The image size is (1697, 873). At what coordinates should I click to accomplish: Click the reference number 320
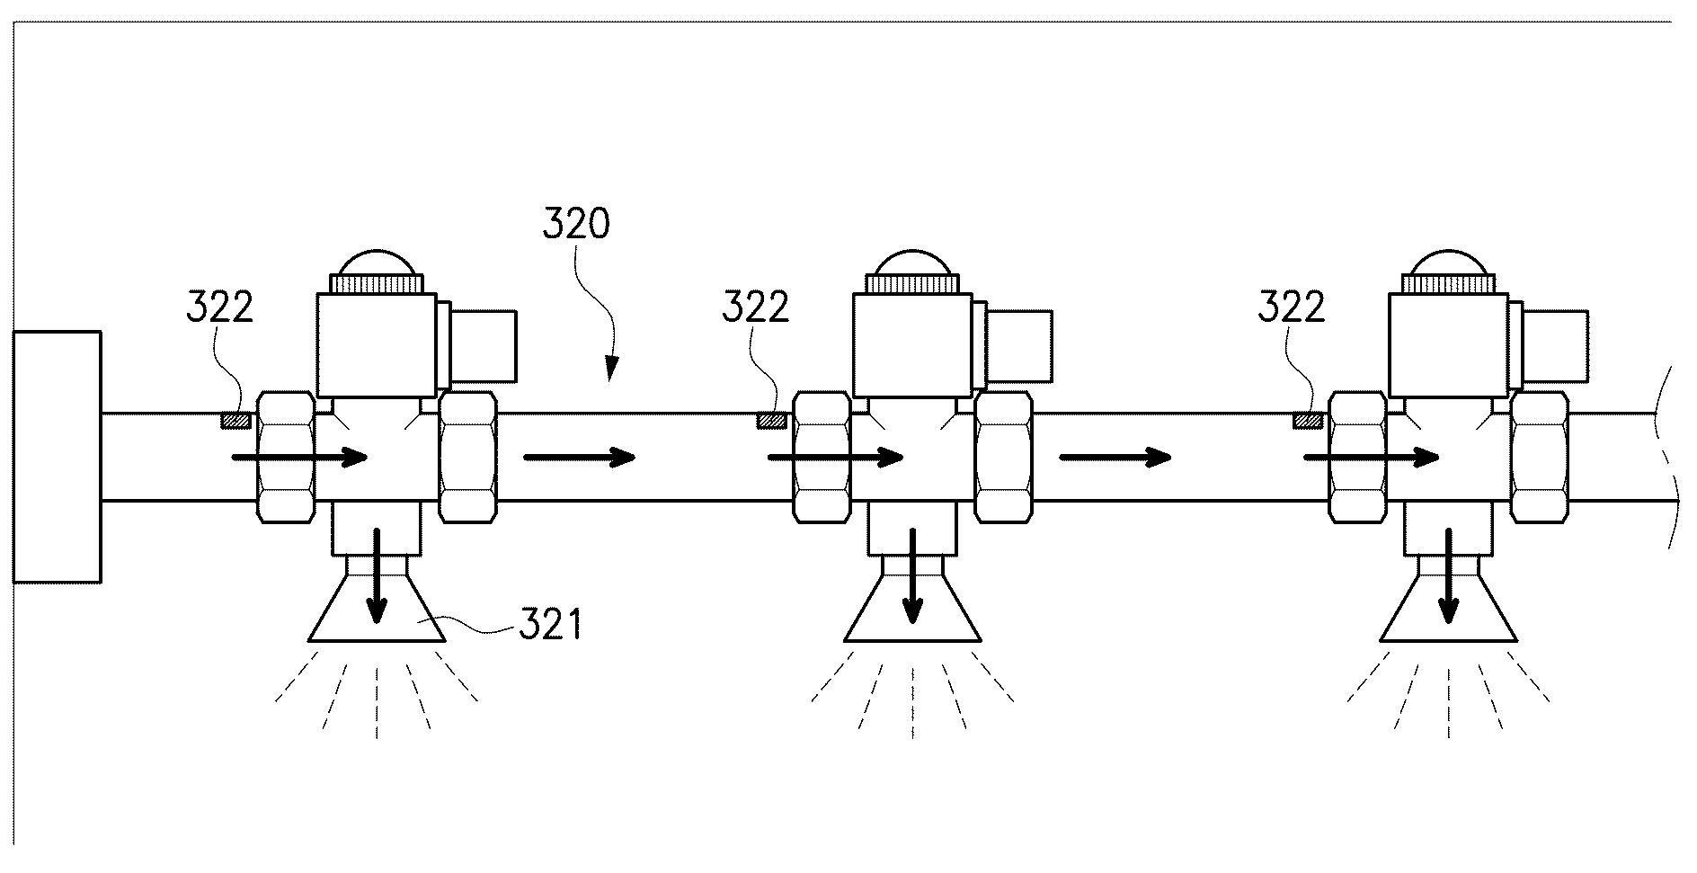[576, 223]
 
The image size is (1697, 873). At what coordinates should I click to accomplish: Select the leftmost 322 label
[220, 307]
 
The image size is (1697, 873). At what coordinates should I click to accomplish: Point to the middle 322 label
[756, 307]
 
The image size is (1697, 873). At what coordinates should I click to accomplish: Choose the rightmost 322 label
[1291, 307]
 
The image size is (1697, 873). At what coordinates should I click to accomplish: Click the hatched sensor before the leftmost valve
[237, 420]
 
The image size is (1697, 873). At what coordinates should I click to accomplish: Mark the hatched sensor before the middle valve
[773, 420]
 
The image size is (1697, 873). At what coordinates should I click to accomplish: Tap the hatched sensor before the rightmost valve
[1308, 420]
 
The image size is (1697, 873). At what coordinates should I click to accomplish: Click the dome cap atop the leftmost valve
[378, 262]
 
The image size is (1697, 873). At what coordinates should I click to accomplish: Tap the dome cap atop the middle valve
[913, 262]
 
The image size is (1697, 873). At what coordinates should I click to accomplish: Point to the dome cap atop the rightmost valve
[1449, 262]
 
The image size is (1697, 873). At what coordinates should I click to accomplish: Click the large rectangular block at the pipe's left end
[57, 457]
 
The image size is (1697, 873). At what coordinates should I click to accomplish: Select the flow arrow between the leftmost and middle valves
[579, 458]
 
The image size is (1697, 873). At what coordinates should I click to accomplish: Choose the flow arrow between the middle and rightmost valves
[1115, 458]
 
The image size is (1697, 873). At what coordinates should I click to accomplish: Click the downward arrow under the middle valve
[912, 576]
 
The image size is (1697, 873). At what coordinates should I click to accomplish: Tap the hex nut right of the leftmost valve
[467, 457]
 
